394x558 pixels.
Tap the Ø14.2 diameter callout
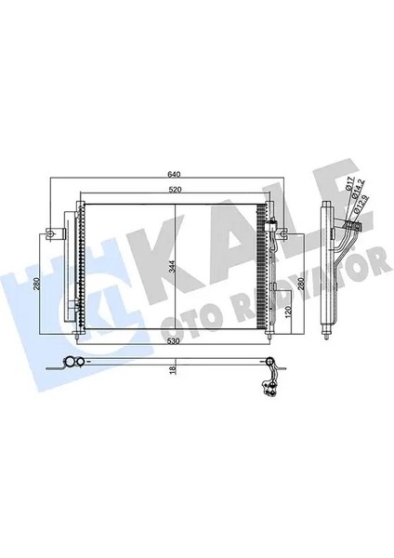355,198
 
